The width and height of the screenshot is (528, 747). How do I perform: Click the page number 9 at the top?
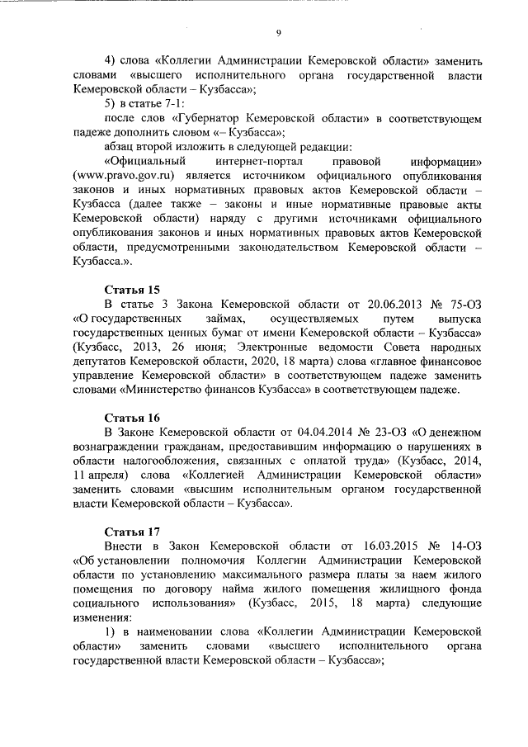click(x=279, y=32)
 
